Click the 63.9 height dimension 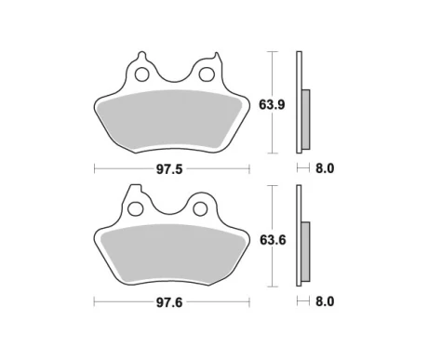coord(272,105)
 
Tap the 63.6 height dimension coord(273,240)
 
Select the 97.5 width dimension coord(169,169)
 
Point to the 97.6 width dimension coord(169,302)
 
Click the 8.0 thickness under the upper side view coord(325,168)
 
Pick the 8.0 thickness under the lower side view coord(325,301)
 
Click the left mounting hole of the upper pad coord(142,74)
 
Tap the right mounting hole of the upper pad coord(207,74)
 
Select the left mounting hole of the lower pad coord(136,208)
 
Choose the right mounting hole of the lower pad coord(200,208)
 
